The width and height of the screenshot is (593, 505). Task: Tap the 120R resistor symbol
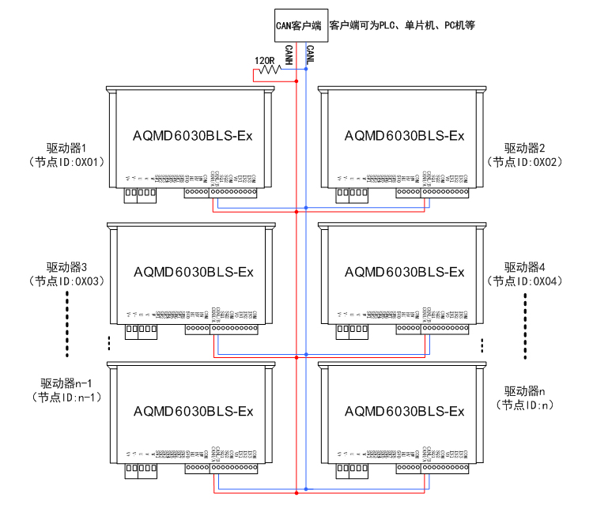269,70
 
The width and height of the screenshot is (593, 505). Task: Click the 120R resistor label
265,59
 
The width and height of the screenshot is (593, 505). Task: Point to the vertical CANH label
290,55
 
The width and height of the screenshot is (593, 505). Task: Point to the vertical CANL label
311,55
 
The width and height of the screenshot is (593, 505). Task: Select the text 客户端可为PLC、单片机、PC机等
401,25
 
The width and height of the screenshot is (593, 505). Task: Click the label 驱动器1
66,148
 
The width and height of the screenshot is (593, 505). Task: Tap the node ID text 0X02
547,162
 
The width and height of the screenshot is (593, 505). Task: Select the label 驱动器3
66,266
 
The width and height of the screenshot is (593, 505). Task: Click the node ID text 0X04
547,281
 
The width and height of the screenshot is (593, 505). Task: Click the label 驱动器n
526,390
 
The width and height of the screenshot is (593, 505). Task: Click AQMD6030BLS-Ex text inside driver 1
194,136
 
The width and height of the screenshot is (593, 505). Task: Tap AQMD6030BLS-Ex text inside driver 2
404,136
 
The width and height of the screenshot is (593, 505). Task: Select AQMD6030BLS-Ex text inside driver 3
194,273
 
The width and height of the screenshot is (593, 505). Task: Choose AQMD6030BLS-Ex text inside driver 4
404,273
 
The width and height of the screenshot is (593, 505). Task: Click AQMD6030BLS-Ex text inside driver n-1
194,412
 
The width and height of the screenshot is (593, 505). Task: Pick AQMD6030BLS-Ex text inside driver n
404,412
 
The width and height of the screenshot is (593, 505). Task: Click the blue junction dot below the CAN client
306,70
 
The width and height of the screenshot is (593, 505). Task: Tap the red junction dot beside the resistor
296,81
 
